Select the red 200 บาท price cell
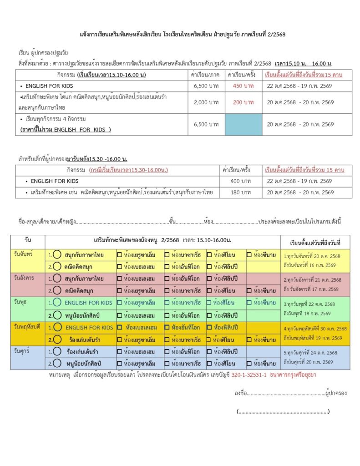pos(243,102)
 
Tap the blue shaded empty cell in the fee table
pos(243,124)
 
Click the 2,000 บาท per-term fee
pos(206,102)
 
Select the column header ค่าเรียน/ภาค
pos(206,74)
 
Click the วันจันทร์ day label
pos(23,253)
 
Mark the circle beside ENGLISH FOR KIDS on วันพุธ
pos(57,303)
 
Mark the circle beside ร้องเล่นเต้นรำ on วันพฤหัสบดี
pos(57,339)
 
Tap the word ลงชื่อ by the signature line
pos(240,393)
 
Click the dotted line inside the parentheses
pos(283,412)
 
